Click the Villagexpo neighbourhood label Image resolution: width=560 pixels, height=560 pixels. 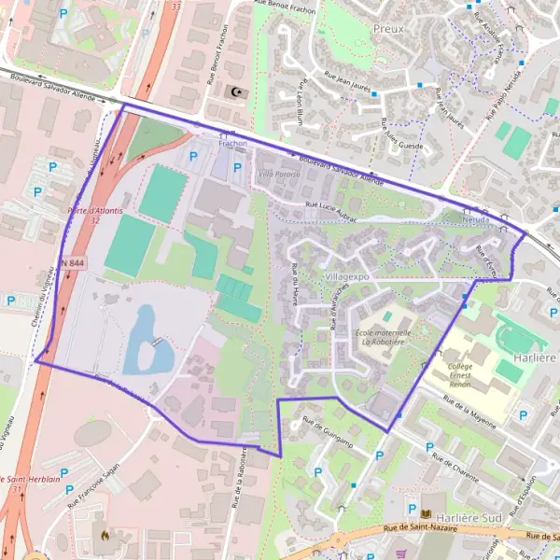pos(348,277)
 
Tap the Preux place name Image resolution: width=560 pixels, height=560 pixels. pos(388,29)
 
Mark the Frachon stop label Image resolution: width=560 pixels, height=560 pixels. pos(232,144)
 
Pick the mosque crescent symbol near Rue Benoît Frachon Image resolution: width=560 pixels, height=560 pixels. pos(235,91)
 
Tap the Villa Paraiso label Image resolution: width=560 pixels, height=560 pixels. pos(279,175)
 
